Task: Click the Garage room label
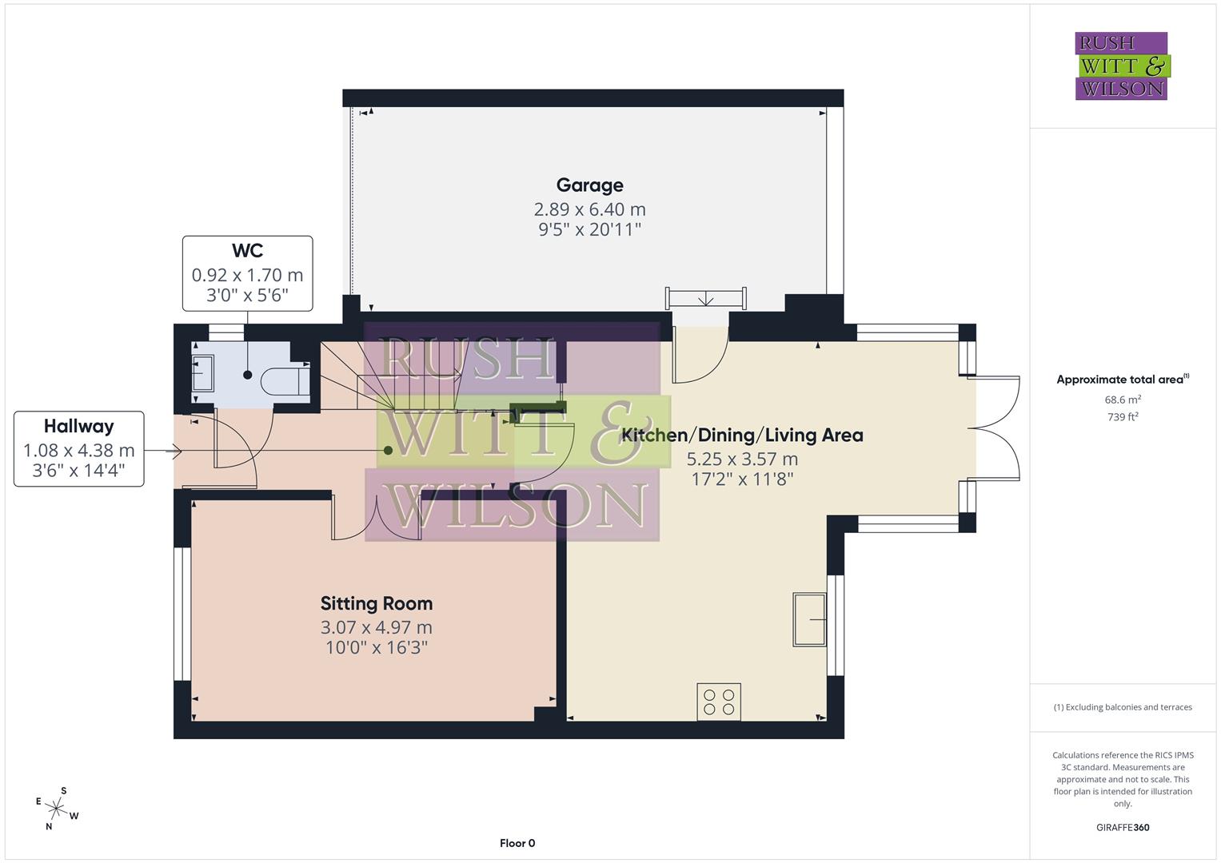[x=589, y=185]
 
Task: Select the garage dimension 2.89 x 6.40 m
[x=589, y=209]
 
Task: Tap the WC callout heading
[x=247, y=251]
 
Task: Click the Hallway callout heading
[x=78, y=427]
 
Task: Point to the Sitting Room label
[x=376, y=604]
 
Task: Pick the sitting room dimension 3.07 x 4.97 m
[x=376, y=627]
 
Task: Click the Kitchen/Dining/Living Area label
[x=742, y=435]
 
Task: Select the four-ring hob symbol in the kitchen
[x=718, y=702]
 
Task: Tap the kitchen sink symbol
[x=811, y=618]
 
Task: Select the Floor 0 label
[x=517, y=843]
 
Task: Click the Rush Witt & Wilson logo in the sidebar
[x=1121, y=66]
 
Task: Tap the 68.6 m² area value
[x=1122, y=400]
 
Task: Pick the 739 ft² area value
[x=1122, y=416]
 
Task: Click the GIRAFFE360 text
[x=1122, y=827]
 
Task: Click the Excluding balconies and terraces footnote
[x=1122, y=707]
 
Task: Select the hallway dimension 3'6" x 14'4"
[x=78, y=471]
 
